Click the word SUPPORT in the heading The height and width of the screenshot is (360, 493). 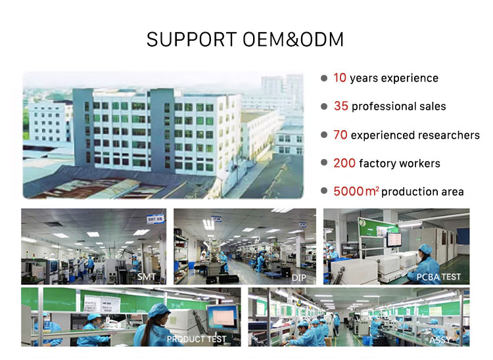(191, 39)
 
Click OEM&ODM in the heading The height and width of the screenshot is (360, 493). (293, 39)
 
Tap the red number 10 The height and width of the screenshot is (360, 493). (340, 78)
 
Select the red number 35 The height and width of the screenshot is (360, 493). (340, 106)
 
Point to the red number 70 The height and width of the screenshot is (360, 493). (340, 135)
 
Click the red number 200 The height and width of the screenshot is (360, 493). (344, 163)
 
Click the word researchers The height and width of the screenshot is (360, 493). (449, 135)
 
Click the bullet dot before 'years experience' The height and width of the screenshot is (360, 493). (324, 78)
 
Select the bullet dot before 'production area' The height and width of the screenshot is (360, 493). (324, 191)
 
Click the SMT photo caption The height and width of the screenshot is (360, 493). (147, 277)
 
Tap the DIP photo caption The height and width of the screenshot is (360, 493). (298, 278)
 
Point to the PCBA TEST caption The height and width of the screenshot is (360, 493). (438, 277)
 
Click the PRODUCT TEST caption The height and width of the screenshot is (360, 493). (197, 339)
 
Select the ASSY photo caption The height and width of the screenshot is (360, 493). (440, 340)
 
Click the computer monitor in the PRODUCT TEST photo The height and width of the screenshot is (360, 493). (223, 317)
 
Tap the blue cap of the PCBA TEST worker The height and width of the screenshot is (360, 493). (425, 248)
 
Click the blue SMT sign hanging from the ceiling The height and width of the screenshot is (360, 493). (155, 219)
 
